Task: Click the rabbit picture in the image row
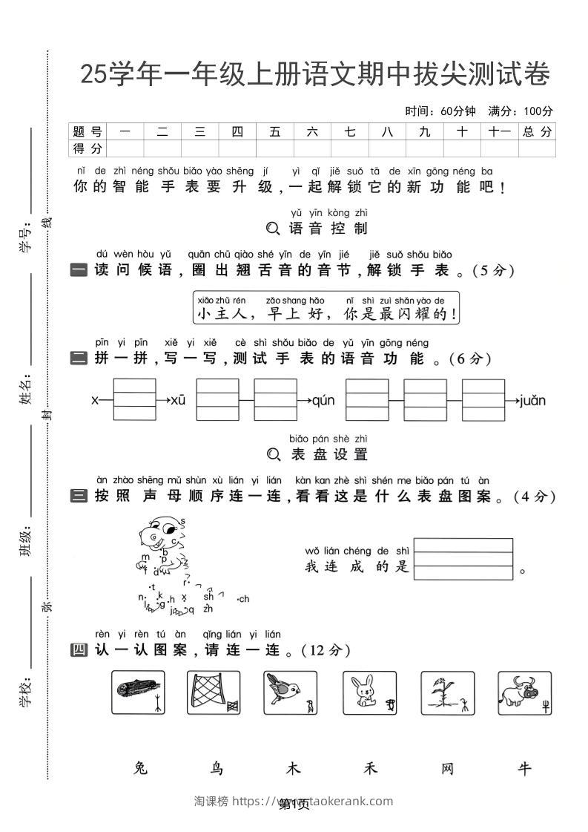click(369, 692)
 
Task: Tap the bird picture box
click(291, 692)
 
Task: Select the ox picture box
click(524, 692)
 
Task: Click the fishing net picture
click(214, 692)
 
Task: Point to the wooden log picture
click(137, 692)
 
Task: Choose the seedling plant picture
click(447, 692)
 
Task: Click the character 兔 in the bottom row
click(140, 768)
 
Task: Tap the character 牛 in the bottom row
click(524, 768)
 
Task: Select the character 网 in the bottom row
click(447, 768)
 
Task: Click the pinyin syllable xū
click(178, 401)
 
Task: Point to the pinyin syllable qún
click(323, 401)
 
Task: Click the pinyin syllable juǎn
click(532, 401)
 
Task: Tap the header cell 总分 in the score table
click(537, 131)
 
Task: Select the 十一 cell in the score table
click(500, 131)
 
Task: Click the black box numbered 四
click(79, 650)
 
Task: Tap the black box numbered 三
click(79, 497)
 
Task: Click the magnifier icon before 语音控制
click(273, 229)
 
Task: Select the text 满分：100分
click(521, 111)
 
